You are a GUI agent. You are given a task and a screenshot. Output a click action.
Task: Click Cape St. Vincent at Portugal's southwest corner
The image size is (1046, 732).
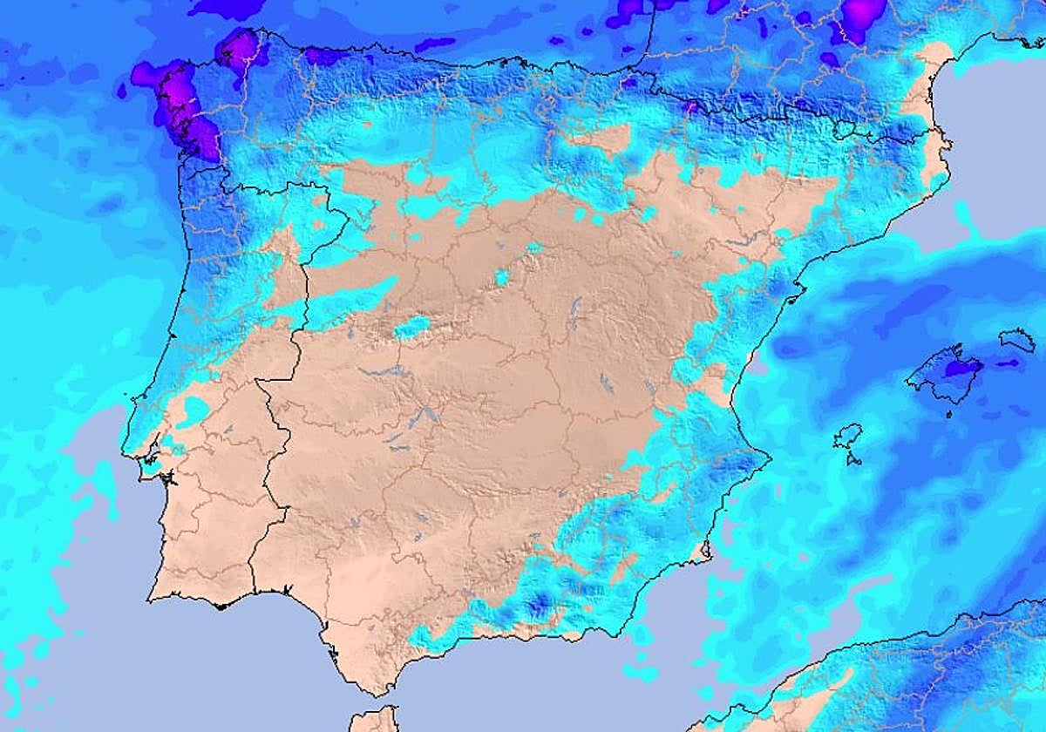151,600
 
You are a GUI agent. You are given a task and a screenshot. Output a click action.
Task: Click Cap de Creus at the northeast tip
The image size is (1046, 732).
944,133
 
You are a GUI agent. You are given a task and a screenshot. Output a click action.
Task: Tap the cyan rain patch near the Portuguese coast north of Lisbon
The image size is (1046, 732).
194,410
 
